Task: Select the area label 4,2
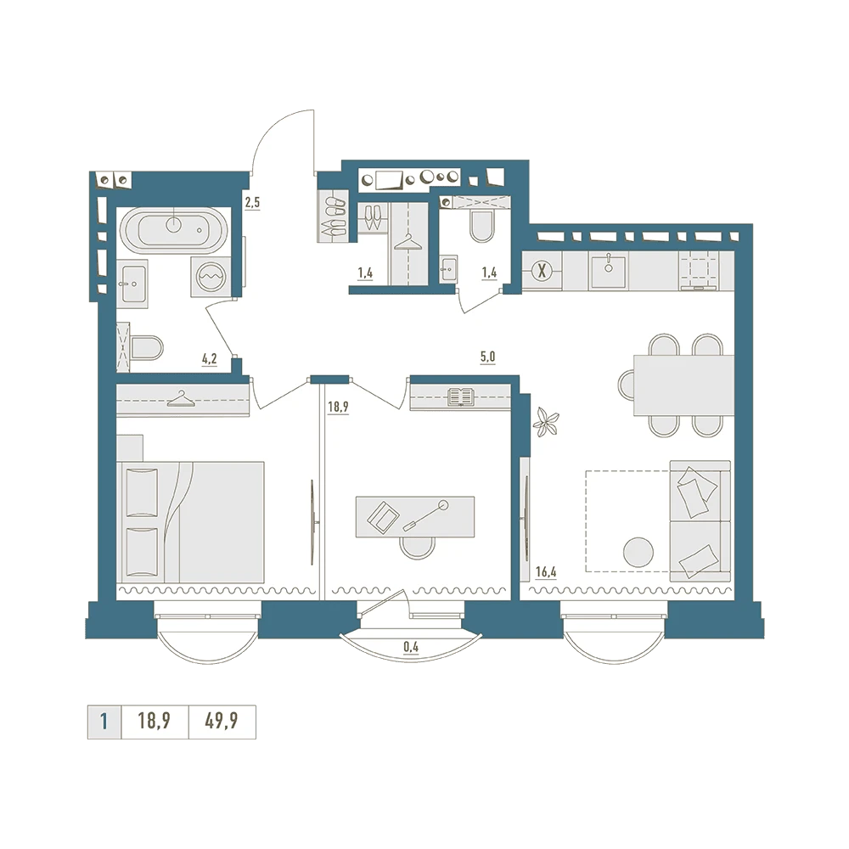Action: point(210,359)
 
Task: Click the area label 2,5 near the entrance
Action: point(252,203)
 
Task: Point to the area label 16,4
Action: point(546,571)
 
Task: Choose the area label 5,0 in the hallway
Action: point(487,357)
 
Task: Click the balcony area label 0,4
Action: point(411,646)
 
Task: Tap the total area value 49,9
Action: point(222,721)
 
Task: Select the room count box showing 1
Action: point(104,722)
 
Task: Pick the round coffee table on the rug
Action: point(638,553)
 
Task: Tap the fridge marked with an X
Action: point(542,271)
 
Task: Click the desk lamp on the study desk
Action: point(426,515)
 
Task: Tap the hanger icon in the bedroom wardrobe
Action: point(179,399)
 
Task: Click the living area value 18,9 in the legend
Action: point(155,721)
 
